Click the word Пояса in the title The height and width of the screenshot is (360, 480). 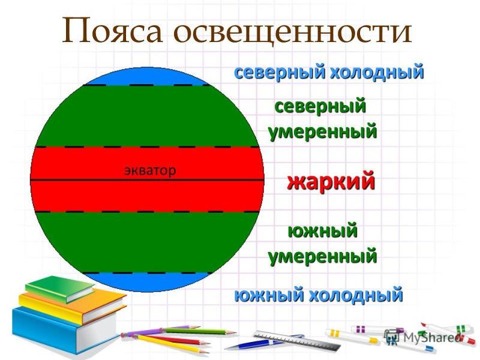(x=112, y=31)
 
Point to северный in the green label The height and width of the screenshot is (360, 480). (x=320, y=107)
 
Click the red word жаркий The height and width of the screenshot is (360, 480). (x=331, y=182)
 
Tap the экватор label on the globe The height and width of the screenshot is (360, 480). (x=150, y=170)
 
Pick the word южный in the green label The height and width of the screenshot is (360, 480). (x=323, y=231)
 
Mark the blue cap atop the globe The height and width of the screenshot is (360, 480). (x=146, y=77)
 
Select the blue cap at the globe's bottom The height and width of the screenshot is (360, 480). (x=146, y=281)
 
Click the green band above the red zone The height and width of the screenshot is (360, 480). (x=147, y=116)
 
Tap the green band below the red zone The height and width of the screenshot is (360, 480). (x=147, y=242)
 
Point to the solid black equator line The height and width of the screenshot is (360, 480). (x=147, y=180)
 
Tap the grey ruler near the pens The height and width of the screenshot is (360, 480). (x=296, y=340)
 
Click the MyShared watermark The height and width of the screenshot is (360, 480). (x=422, y=337)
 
